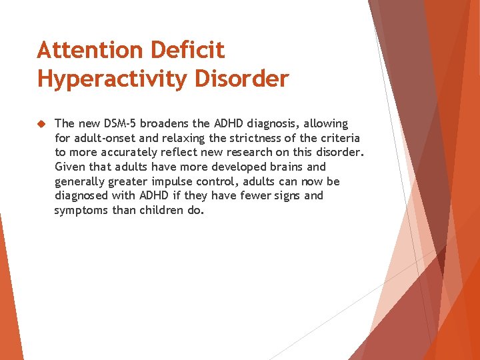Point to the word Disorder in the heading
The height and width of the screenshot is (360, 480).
click(241, 79)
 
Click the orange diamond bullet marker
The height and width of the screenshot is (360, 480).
click(41, 124)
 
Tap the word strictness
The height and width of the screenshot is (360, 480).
click(237, 138)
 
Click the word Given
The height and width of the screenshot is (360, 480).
click(69, 167)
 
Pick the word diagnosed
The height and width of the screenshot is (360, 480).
click(82, 196)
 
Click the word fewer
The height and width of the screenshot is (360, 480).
click(258, 196)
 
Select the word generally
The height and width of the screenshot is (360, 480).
click(81, 181)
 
